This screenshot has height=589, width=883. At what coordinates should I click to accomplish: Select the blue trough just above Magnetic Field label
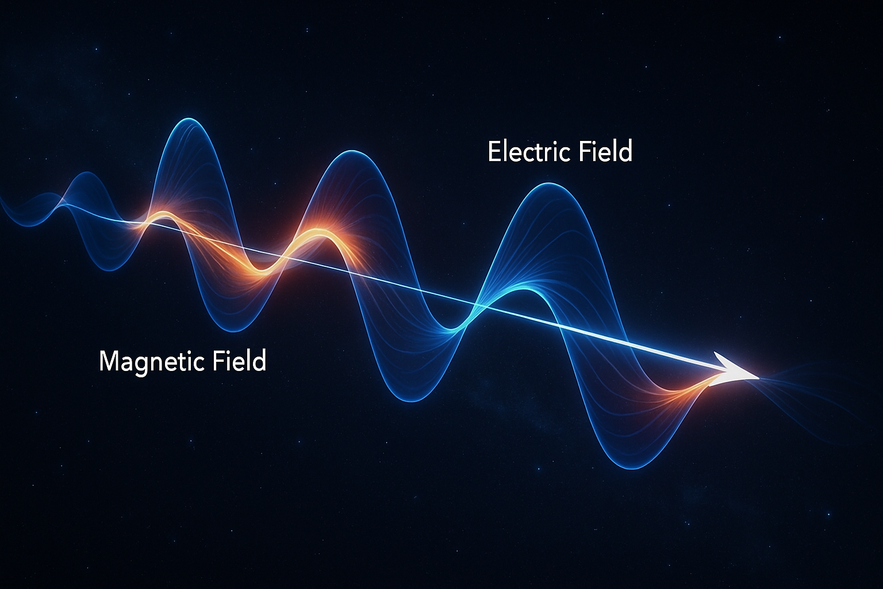(234, 331)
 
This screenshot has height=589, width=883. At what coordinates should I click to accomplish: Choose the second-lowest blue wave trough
(412, 400)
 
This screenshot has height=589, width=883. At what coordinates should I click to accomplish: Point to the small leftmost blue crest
(86, 174)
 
